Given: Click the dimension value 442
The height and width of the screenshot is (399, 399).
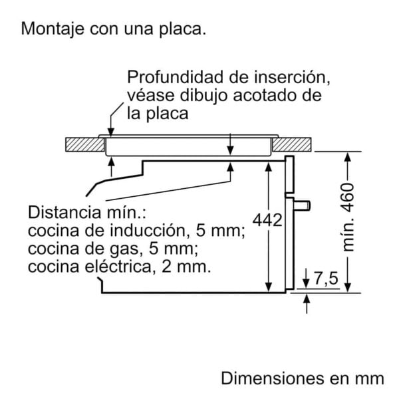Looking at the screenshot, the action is click(267, 220).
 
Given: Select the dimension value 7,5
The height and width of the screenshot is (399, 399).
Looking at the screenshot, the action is click(327, 278).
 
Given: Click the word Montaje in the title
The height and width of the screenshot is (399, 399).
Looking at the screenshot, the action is click(53, 29).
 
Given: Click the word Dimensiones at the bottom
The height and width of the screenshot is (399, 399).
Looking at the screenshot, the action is click(272, 378).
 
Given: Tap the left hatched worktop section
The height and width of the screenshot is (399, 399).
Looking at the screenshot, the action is click(85, 144).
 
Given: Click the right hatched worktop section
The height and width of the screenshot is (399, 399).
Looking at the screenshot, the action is click(292, 144).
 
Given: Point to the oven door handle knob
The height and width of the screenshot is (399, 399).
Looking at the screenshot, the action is click(302, 205).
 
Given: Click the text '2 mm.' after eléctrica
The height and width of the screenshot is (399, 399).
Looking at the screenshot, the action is click(186, 267).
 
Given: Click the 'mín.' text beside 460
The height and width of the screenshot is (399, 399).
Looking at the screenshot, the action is click(348, 235).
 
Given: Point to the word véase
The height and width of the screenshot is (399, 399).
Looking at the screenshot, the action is click(151, 95).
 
